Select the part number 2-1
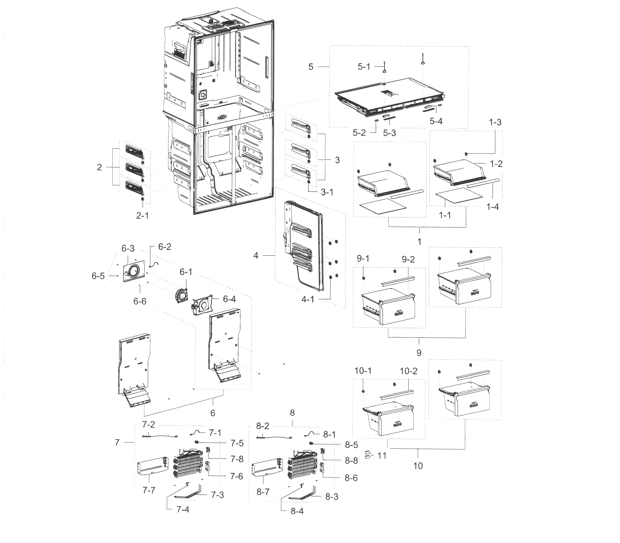(x=142, y=215)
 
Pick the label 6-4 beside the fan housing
(x=229, y=299)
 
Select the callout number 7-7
(x=148, y=490)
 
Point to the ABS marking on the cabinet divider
(x=222, y=117)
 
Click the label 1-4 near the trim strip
(x=492, y=207)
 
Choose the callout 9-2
(x=408, y=259)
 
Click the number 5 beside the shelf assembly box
(x=311, y=67)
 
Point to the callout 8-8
(x=351, y=461)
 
